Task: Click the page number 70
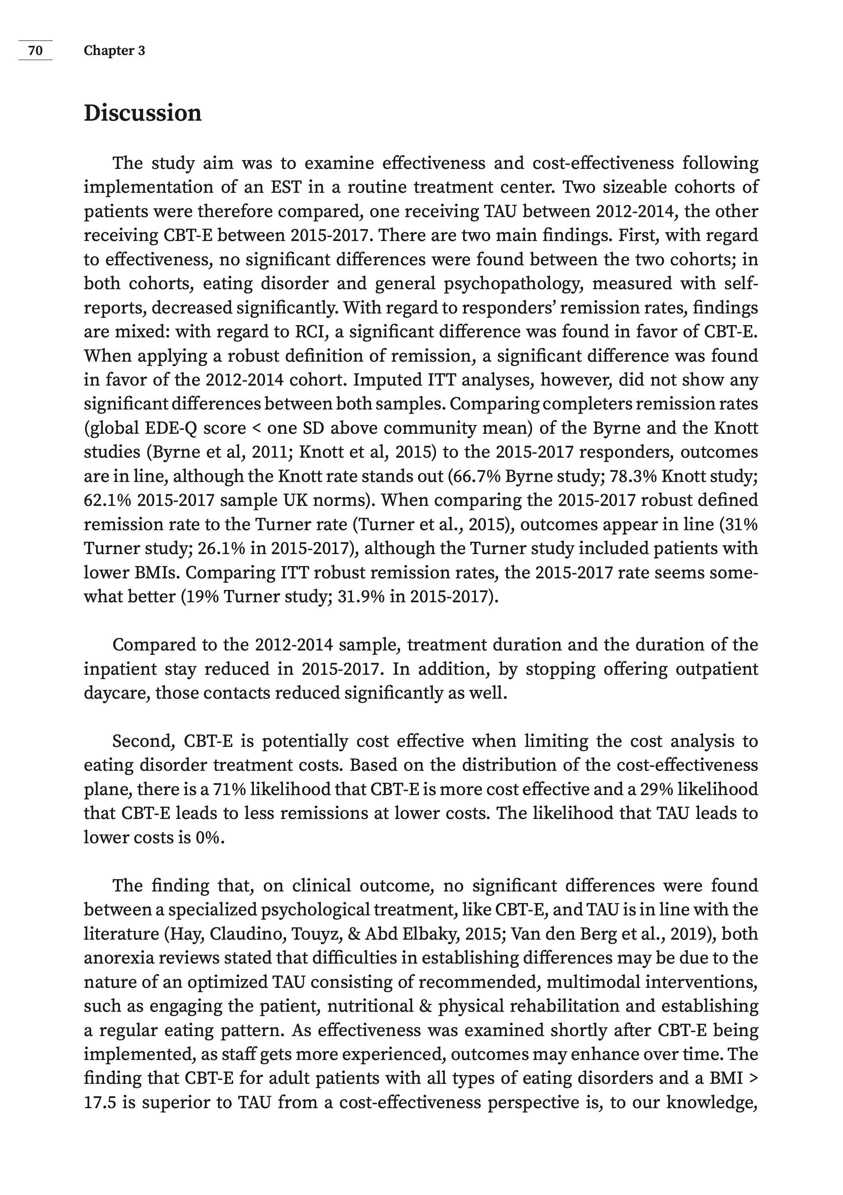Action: point(35,51)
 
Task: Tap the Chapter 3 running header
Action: point(114,51)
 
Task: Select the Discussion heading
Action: point(142,113)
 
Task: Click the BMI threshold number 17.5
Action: point(100,1102)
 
